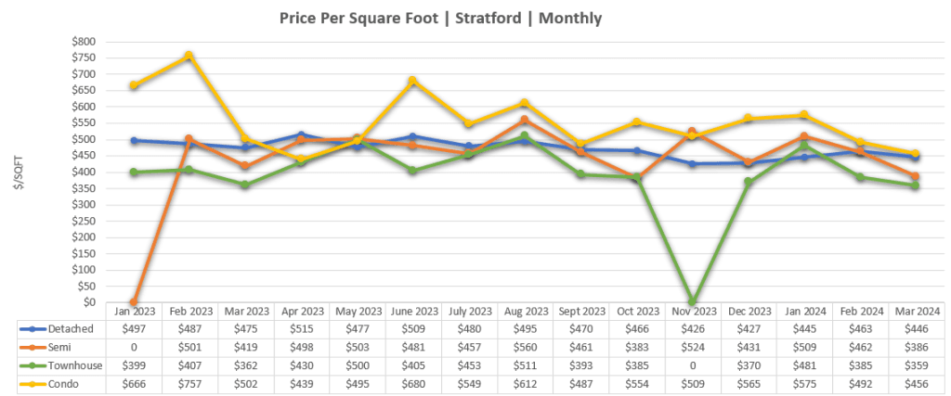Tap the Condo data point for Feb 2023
click(x=189, y=56)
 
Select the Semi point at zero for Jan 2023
click(x=135, y=302)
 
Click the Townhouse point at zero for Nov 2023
click(x=693, y=302)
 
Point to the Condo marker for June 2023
click(x=411, y=81)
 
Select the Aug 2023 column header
click(x=525, y=313)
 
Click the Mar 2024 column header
click(x=916, y=313)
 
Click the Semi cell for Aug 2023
click(x=525, y=346)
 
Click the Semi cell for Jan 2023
click(x=135, y=346)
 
